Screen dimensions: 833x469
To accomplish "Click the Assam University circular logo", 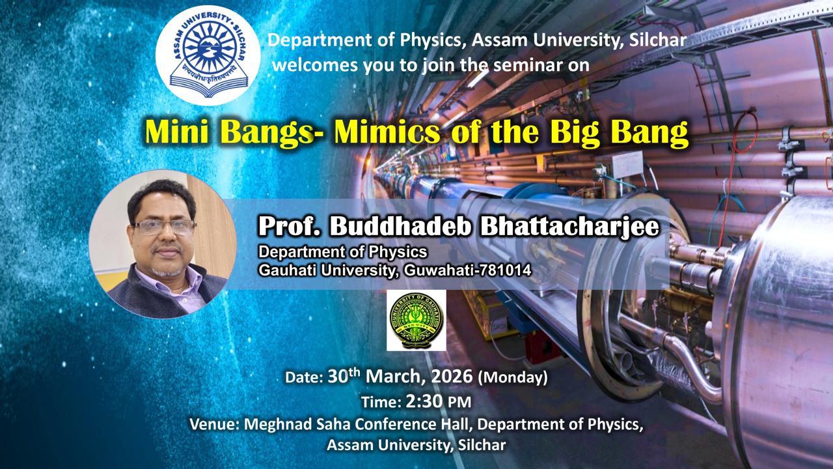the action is coord(208,55).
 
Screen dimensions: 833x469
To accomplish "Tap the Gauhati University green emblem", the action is coord(416,320).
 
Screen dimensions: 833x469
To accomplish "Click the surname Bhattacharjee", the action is coord(569,227).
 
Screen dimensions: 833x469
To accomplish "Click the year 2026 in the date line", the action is coord(452,377).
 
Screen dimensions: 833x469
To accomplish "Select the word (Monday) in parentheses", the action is coord(513,377).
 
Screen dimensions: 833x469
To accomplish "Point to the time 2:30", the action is coord(424,402).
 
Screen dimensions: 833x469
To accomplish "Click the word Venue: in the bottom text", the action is coord(214,424).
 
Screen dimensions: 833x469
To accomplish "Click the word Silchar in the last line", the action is coord(482,445).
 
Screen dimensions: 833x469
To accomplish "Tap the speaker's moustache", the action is coord(167,249).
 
